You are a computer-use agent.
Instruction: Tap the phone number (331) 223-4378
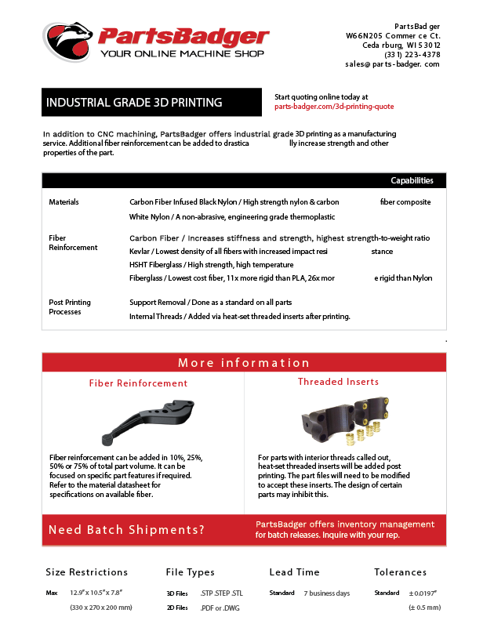click(x=412, y=55)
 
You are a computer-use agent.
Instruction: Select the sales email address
click(x=392, y=64)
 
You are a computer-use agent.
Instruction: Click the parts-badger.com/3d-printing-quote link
click(x=334, y=107)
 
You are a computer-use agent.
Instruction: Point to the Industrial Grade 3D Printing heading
click(x=134, y=103)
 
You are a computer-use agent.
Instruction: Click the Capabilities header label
click(x=412, y=180)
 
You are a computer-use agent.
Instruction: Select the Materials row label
click(x=64, y=202)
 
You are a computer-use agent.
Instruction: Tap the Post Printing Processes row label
click(x=70, y=307)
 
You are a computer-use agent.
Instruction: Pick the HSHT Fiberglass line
click(x=199, y=265)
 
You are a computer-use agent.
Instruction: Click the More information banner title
click(x=244, y=363)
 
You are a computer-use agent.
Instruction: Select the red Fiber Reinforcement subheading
click(x=138, y=383)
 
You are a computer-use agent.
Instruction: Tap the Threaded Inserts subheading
click(x=338, y=382)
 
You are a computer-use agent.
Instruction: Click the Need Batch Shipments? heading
click(x=126, y=530)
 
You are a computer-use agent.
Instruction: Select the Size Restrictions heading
click(x=86, y=572)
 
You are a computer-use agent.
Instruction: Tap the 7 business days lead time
click(x=326, y=593)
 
